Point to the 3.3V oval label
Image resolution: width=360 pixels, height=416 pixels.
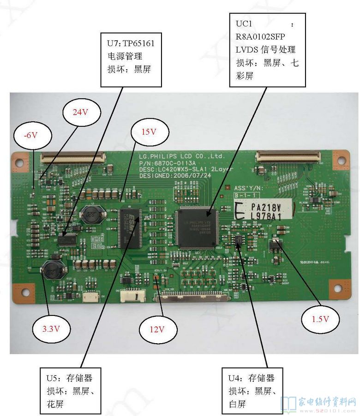pos(51,329)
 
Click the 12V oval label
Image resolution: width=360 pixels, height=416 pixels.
pos(156,329)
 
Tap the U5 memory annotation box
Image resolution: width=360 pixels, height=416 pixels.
pos(70,391)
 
